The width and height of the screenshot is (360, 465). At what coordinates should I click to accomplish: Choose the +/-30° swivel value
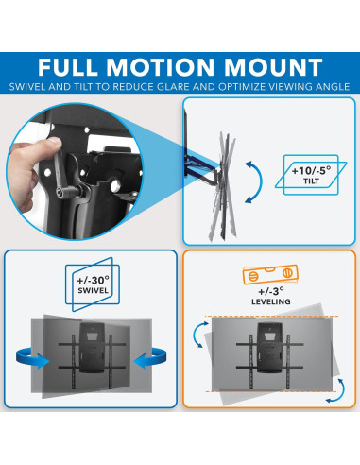[90, 282]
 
